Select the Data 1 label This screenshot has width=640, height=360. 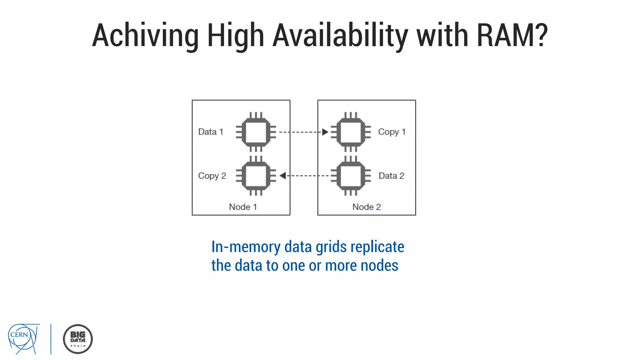[211, 132]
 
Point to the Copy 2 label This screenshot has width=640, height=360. [212, 176]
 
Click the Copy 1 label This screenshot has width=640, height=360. [392, 132]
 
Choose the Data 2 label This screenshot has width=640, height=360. [391, 176]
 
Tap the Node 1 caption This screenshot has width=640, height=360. [243, 207]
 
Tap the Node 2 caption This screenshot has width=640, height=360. [367, 207]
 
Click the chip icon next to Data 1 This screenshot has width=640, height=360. [256, 132]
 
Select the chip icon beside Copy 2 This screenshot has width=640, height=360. [256, 176]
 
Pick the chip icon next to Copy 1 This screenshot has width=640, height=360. [351, 132]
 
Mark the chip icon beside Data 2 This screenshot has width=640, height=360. [351, 176]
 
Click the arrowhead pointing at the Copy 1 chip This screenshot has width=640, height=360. [325, 132]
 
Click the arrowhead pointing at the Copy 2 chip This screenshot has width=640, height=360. [283, 176]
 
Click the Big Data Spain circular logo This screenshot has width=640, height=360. [78, 339]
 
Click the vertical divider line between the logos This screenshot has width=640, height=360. [51, 339]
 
